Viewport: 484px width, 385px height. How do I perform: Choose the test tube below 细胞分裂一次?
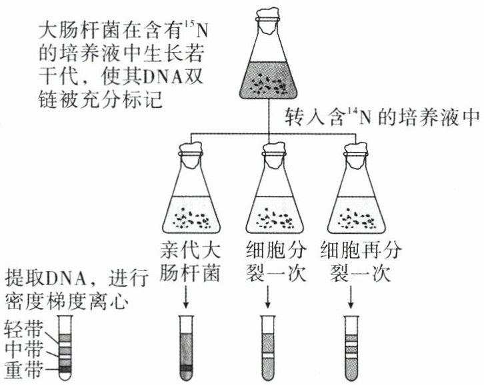pos(267,346)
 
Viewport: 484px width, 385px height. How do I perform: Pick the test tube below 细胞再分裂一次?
pos(350,346)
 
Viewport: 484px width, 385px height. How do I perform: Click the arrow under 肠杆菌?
pos(189,297)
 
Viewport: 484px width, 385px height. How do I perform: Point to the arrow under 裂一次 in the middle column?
pos(267,297)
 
